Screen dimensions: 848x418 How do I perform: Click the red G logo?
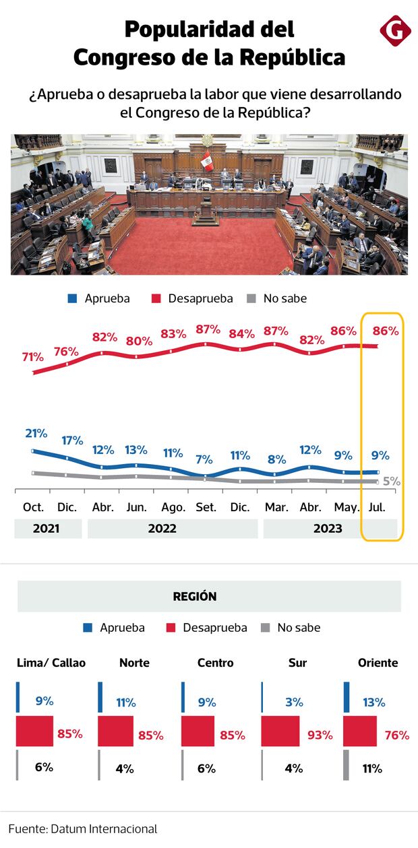pyautogui.click(x=395, y=32)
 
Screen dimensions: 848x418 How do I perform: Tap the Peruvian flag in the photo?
pyautogui.click(x=206, y=160)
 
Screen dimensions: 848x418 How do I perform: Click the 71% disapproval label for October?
pyautogui.click(x=32, y=357)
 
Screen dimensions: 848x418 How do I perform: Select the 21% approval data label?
pyautogui.click(x=36, y=433)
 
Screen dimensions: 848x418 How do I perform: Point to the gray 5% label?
pyautogui.click(x=391, y=481)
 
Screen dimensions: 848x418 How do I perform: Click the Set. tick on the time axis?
pyautogui.click(x=205, y=507)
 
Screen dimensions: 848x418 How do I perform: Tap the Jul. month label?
pyautogui.click(x=378, y=507)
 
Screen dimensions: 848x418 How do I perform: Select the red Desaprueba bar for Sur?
pyautogui.click(x=280, y=731)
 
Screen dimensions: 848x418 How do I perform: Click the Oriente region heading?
pyautogui.click(x=378, y=663)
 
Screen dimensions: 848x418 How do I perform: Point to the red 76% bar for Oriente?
pyautogui.click(x=360, y=731)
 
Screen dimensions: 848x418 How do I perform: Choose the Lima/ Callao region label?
pyautogui.click(x=51, y=663)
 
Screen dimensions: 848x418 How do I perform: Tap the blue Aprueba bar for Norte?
pyautogui.click(x=100, y=697)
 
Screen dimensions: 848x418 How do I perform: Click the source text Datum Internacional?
pyautogui.click(x=104, y=828)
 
